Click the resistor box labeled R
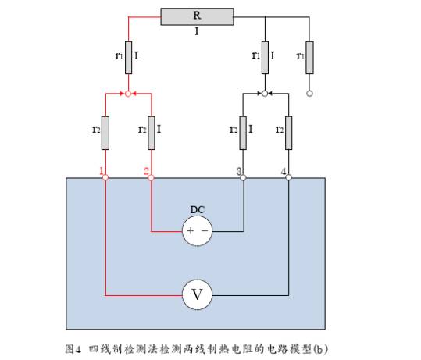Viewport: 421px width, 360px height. click(197, 16)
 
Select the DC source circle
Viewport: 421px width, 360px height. click(198, 231)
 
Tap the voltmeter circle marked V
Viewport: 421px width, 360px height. click(198, 294)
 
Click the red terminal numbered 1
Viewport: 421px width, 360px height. click(105, 177)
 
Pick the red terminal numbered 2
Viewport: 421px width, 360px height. click(152, 177)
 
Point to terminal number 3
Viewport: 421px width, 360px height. click(243, 177)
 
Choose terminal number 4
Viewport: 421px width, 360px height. click(289, 177)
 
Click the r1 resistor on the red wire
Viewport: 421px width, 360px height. click(129, 58)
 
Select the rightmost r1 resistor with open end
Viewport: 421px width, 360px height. click(309, 58)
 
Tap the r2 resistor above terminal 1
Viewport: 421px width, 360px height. click(105, 133)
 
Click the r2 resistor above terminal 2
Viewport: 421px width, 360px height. click(152, 133)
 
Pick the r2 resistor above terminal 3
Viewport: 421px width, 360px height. click(243, 133)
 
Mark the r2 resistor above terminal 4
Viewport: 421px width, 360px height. click(289, 133)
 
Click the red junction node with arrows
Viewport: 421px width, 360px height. click(128, 94)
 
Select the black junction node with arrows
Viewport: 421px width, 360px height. click(265, 94)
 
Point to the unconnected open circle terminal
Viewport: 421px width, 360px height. click(309, 94)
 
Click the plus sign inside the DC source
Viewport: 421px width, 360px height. click(191, 230)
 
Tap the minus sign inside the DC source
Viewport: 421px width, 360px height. click(205, 230)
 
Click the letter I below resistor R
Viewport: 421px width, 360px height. click(197, 32)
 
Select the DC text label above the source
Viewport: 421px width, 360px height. click(198, 209)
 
